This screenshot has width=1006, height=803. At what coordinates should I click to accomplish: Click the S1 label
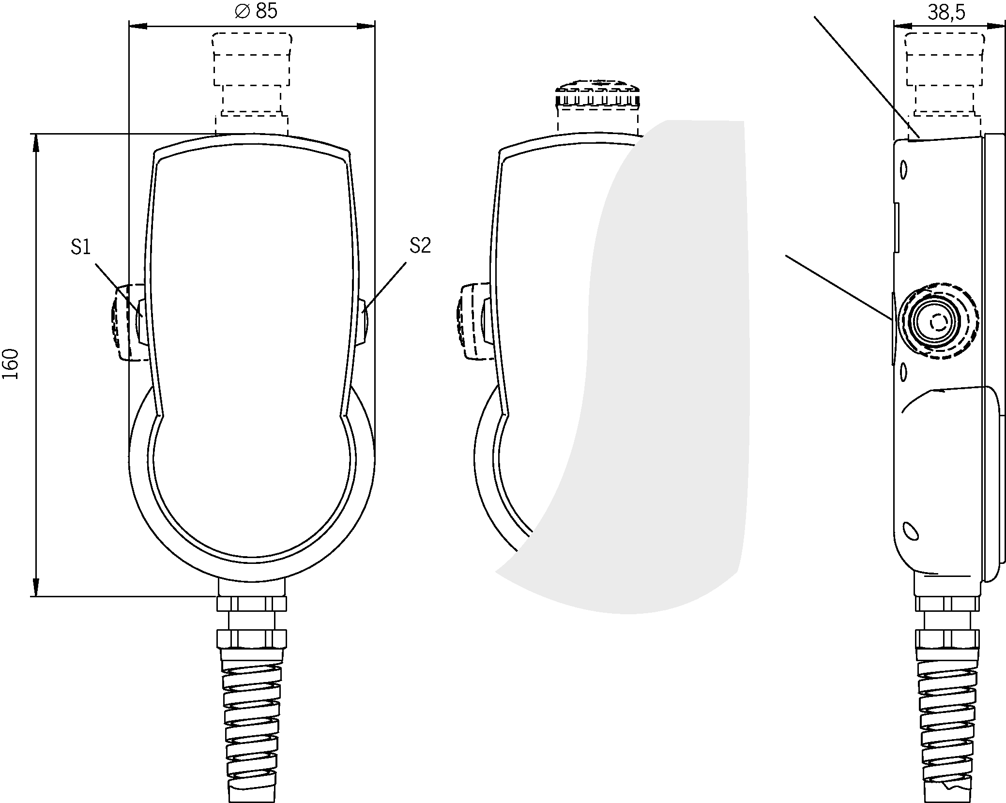(80, 247)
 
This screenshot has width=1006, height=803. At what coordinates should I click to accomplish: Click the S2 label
(420, 246)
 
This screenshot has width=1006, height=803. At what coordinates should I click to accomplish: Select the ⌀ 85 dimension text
(256, 11)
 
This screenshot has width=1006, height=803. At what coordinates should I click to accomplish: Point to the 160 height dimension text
(11, 364)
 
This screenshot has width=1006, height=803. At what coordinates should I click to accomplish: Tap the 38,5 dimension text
(946, 13)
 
